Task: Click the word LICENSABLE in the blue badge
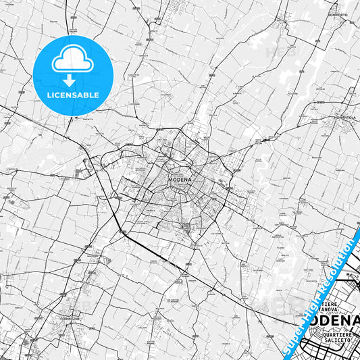point(73,95)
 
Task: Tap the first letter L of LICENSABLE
point(49,95)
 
